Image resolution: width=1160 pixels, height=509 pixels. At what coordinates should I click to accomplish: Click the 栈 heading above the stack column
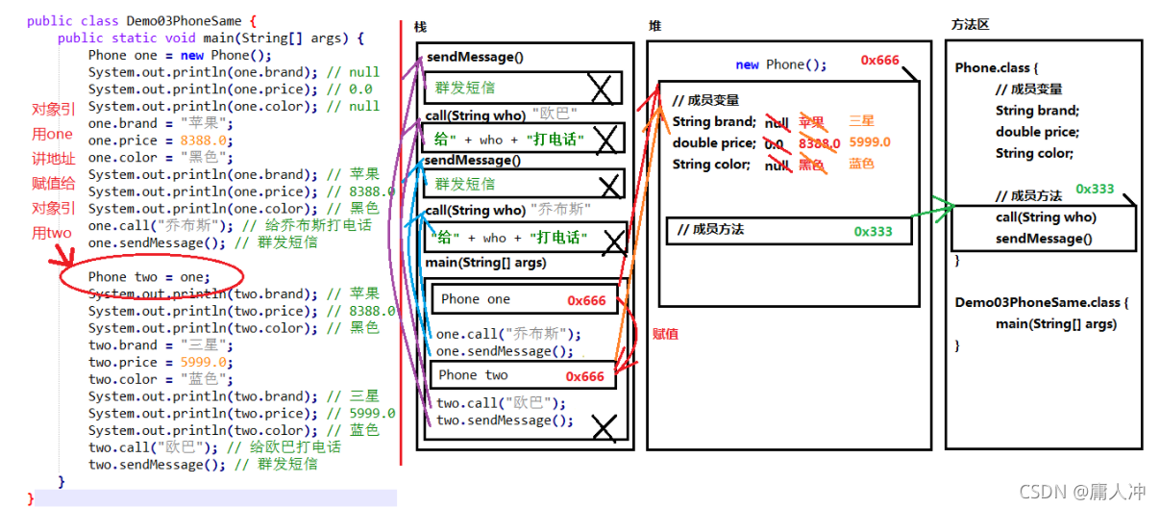tap(420, 27)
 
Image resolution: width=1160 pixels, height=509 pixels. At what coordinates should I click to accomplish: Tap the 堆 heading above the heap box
tap(654, 26)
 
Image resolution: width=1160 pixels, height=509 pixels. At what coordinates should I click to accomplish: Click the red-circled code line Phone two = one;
tap(148, 277)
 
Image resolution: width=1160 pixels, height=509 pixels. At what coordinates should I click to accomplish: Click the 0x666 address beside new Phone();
tap(879, 61)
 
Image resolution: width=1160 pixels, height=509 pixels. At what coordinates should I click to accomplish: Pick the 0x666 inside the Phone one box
tap(586, 300)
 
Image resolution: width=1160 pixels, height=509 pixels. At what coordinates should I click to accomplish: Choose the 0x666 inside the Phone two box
tap(584, 376)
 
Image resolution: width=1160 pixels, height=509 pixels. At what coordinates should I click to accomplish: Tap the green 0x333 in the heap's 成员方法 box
tap(873, 231)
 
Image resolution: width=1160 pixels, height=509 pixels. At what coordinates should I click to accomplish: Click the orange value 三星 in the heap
tap(862, 122)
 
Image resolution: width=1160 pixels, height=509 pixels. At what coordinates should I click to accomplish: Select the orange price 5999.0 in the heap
tap(869, 143)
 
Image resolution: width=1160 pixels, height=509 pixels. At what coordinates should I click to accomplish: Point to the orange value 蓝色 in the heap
tap(861, 165)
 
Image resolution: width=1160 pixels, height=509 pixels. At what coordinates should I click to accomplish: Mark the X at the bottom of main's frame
tap(604, 426)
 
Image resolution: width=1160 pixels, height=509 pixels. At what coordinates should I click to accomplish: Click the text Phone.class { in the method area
tap(997, 68)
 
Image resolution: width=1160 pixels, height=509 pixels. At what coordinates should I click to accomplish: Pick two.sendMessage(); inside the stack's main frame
tap(505, 420)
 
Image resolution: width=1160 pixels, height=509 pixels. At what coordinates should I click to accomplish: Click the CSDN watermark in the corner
tap(1081, 492)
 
